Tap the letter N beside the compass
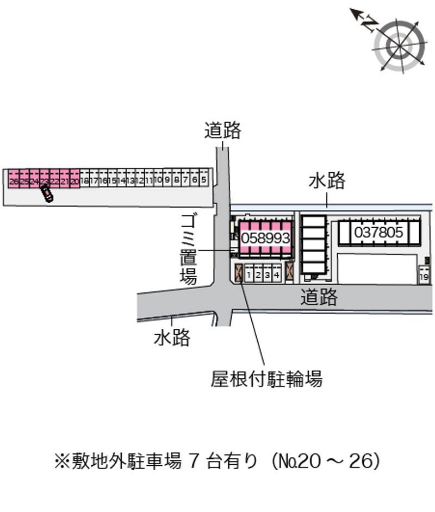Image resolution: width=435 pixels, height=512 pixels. pos(370,23)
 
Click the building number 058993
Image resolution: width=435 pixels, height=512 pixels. pos(265,238)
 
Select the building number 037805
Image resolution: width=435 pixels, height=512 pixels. pos(379,233)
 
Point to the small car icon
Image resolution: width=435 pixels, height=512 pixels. pos(46,192)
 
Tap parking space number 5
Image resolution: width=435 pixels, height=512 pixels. pos(203,179)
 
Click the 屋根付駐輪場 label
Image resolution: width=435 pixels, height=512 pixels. pos(266,378)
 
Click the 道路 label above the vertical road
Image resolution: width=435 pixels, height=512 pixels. pos(222,131)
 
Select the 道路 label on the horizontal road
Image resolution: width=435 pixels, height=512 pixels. pos(319,297)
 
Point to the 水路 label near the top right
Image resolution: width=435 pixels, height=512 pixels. pos(327,180)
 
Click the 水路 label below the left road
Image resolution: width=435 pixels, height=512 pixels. pos(172,338)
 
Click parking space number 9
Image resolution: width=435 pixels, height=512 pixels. pos(168,179)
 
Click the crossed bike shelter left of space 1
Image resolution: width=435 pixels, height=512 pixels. pos(239,272)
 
